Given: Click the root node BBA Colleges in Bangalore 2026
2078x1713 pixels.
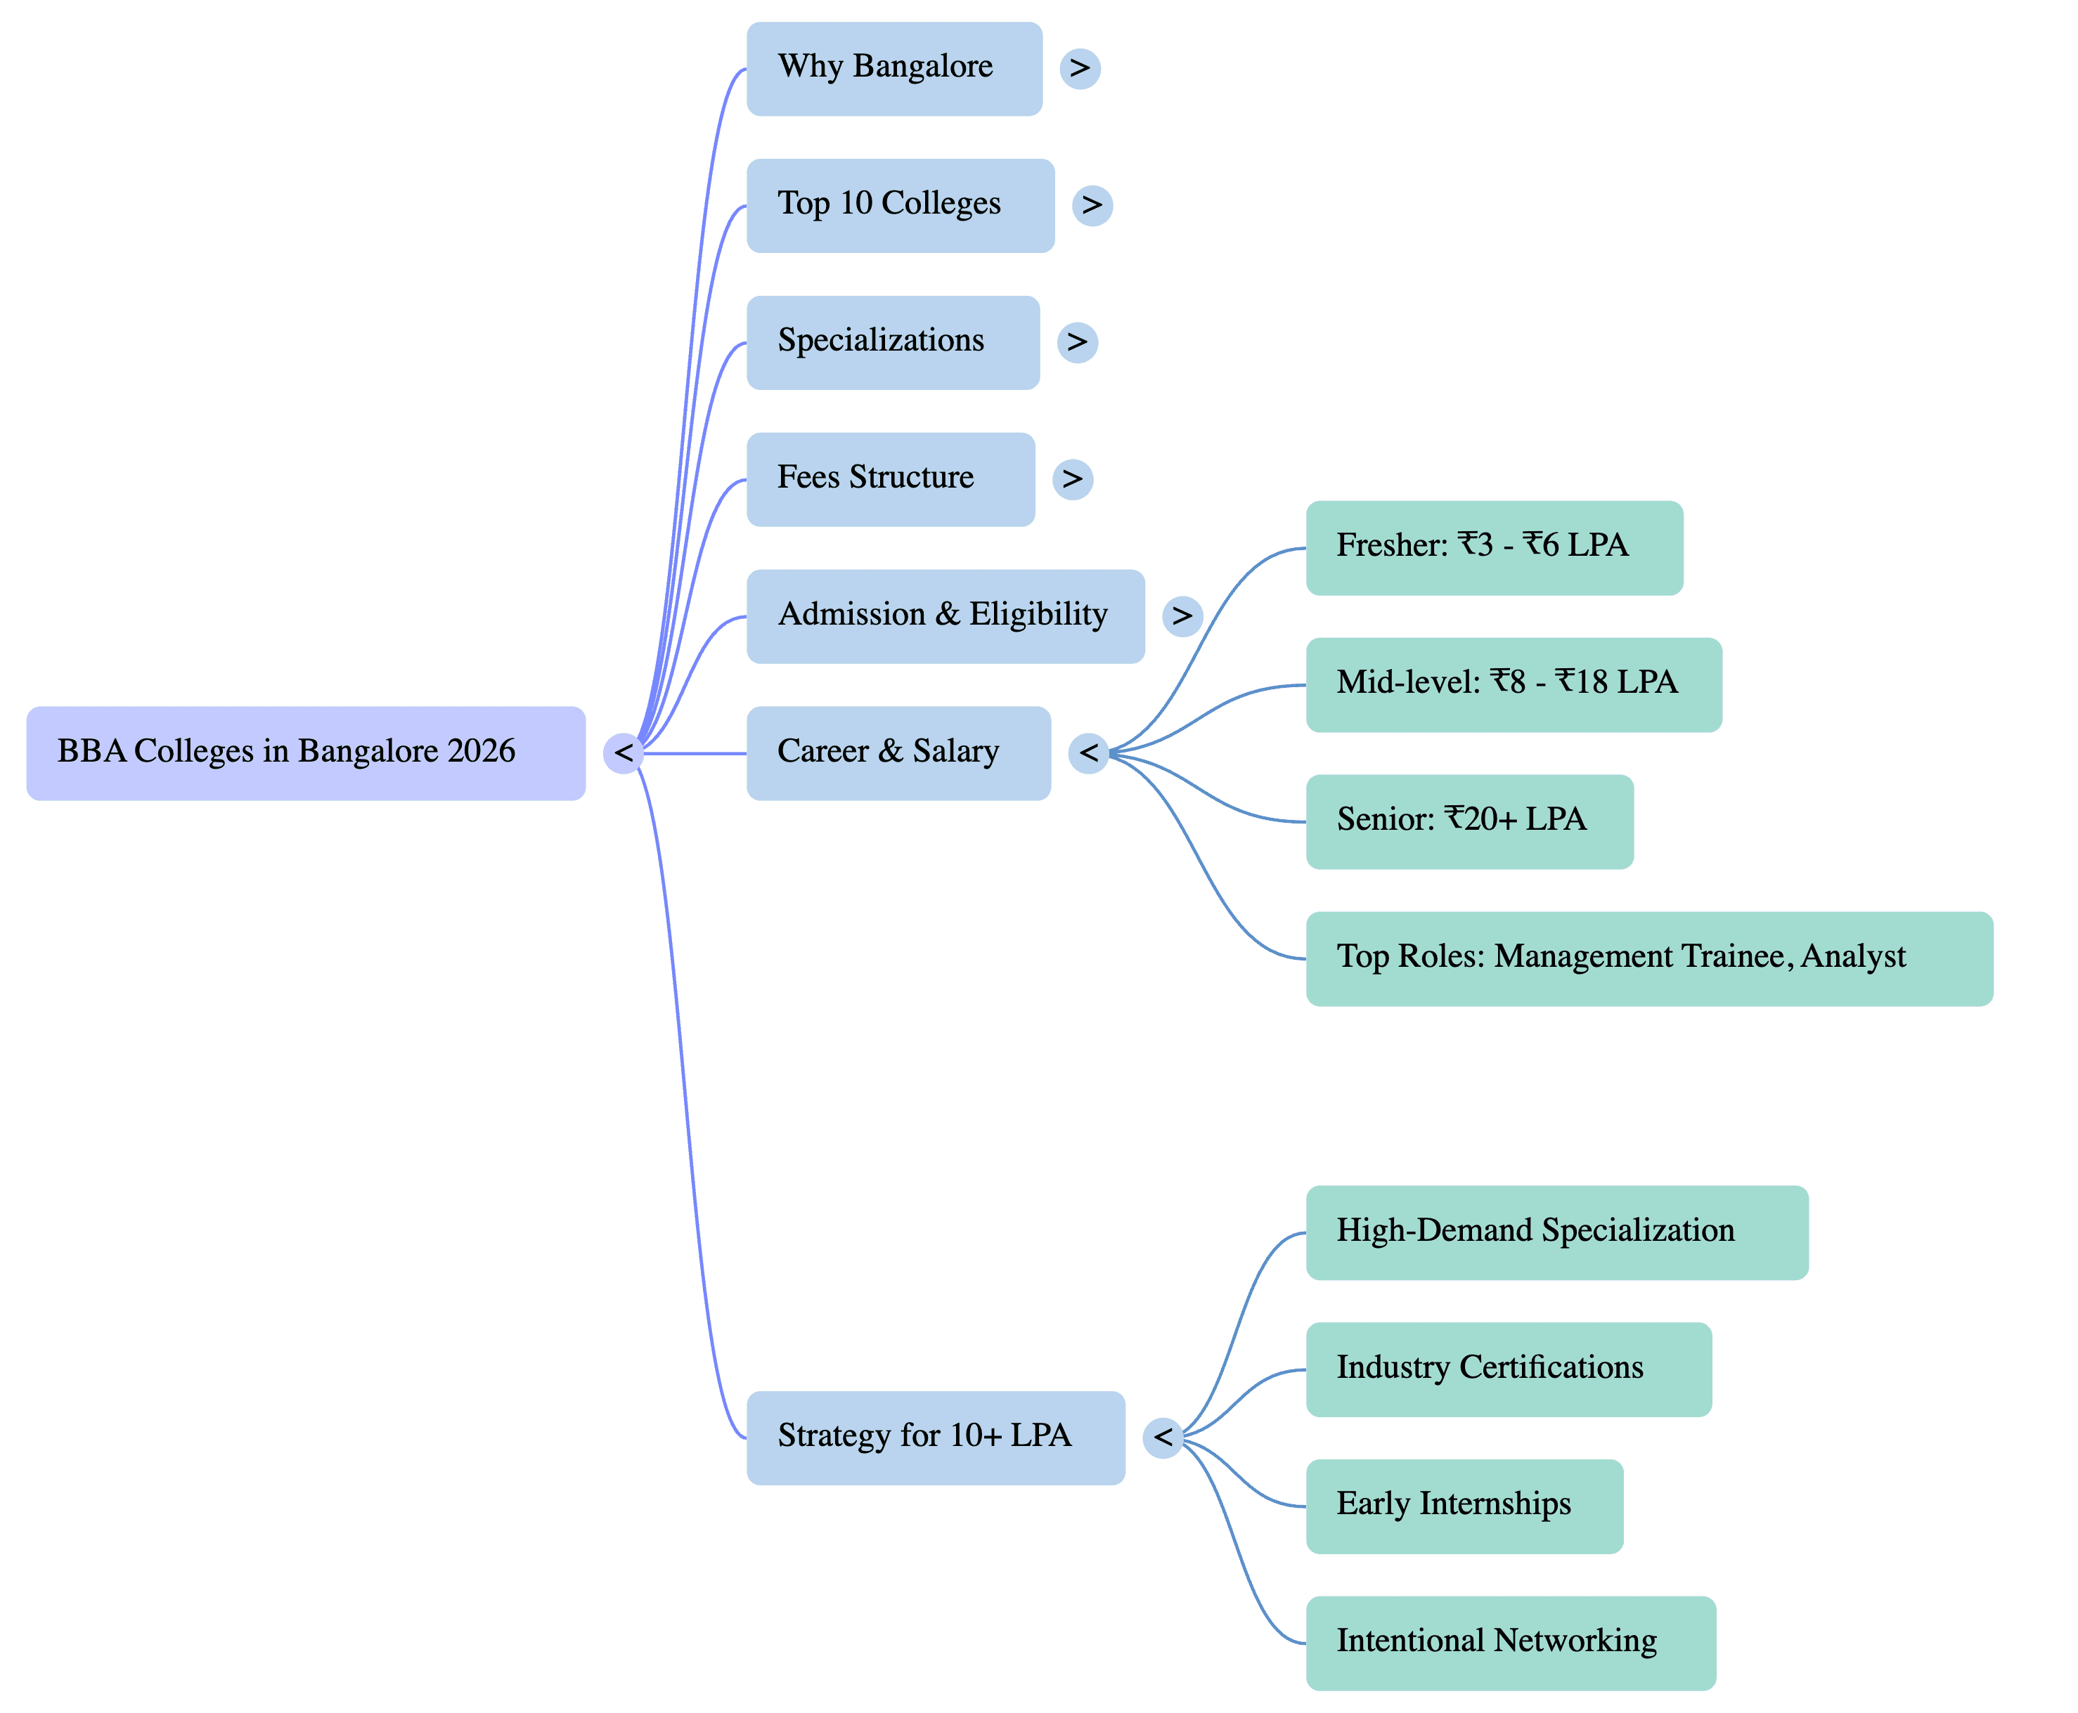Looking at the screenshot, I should pyautogui.click(x=305, y=753).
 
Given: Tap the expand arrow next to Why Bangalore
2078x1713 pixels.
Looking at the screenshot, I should pyautogui.click(x=1080, y=68).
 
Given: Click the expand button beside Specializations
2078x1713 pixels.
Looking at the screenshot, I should pyautogui.click(x=1077, y=342).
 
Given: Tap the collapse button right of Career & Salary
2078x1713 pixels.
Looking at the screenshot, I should pyautogui.click(x=1088, y=753).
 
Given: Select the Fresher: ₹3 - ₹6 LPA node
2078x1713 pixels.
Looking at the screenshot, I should pyautogui.click(x=1494, y=547).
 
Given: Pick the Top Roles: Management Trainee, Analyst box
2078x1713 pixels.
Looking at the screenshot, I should pyautogui.click(x=1648, y=958).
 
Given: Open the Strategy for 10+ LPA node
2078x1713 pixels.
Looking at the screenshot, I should pyautogui.click(x=935, y=1438).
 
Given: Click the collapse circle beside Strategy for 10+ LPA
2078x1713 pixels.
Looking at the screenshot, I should pyautogui.click(x=1163, y=1438).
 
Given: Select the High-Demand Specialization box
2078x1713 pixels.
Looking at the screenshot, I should pyautogui.click(x=1557, y=1232).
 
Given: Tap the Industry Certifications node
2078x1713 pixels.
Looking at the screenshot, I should pyautogui.click(x=1509, y=1369).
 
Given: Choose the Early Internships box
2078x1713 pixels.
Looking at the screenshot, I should pyautogui.click(x=1464, y=1506).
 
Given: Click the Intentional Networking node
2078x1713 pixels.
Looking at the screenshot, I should pyautogui.click(x=1511, y=1643).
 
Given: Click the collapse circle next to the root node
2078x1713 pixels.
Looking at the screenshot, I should pyautogui.click(x=623, y=753).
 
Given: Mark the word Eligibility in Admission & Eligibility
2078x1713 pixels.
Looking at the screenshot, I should pyautogui.click(x=1038, y=615).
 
